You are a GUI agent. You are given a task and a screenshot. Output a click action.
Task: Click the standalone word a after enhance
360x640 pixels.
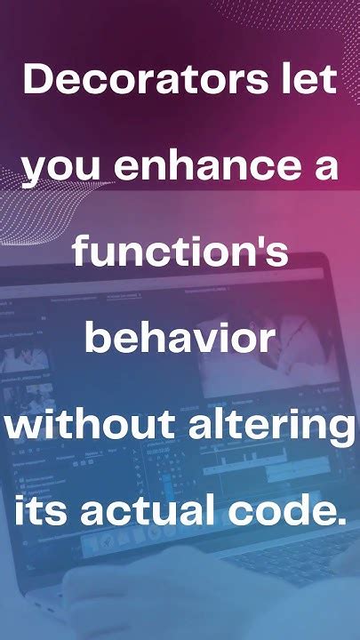coord(327,168)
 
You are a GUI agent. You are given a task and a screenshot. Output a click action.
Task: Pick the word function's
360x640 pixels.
coord(180,252)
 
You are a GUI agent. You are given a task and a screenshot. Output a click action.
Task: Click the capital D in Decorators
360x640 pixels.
coord(38,81)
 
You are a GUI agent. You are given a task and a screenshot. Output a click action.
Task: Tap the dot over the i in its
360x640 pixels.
coord(21,493)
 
